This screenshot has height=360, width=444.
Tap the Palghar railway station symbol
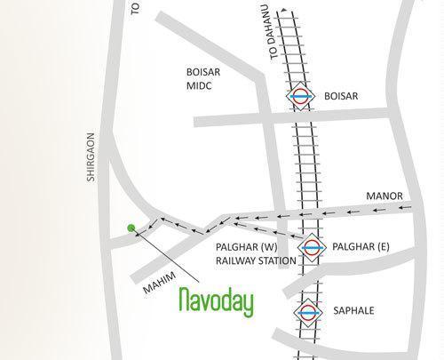coord(310,246)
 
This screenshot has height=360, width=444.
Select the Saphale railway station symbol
coord(306,312)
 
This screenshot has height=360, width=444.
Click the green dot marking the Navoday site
coord(131,228)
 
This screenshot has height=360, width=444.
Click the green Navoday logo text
coord(216,301)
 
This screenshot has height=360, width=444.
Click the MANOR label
coord(385,196)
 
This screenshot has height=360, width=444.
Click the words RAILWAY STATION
coord(255,261)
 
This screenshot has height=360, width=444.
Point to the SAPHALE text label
coord(353,312)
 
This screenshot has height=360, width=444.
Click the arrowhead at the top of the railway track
coord(282,12)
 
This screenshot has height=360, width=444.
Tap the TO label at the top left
coord(135,8)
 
